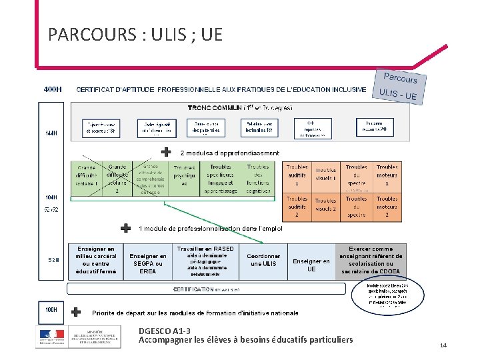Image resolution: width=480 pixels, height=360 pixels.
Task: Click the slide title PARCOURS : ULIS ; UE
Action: pos(135,34)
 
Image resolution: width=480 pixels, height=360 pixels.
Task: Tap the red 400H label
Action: pos(53,89)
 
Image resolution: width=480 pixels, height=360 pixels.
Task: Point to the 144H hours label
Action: pos(50,133)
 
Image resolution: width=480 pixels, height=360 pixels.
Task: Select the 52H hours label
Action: pos(51,259)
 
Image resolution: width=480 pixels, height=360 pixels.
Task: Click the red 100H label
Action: pos(51,310)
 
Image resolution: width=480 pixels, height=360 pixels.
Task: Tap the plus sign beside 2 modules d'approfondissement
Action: pos(166,152)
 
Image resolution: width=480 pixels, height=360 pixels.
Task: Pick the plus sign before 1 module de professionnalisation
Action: pos(125,228)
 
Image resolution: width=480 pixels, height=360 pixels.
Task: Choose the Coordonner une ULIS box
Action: pos(263,259)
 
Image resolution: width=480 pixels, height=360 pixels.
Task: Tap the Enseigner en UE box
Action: pos(311,265)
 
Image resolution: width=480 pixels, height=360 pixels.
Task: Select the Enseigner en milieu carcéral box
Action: pos(96,260)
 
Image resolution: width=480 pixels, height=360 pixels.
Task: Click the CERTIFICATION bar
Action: pos(206,289)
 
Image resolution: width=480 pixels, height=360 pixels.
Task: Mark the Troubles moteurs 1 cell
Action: pos(387,175)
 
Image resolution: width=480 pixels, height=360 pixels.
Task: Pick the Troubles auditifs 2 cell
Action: pos(297,207)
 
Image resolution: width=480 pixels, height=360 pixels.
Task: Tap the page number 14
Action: pos(443,345)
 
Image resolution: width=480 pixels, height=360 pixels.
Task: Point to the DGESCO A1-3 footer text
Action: pos(164,331)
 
